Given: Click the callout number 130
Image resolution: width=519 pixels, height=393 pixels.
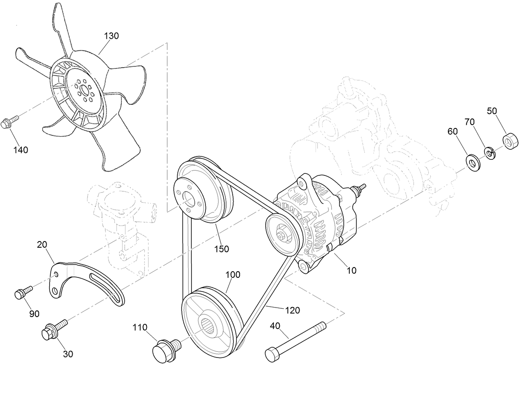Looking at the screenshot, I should pos(111,36).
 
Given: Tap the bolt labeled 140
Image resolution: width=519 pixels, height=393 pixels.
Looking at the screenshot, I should pos(9,122).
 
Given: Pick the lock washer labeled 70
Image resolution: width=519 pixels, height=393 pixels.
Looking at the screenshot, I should pos(489,153).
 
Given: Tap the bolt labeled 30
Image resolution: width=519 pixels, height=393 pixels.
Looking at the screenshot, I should pos(53,330).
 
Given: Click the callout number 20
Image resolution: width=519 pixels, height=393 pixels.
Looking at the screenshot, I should pos(42,244).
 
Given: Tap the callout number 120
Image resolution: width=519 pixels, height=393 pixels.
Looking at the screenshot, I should pos(293,310).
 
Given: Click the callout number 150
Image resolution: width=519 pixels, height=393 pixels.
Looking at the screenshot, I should pos(222,249).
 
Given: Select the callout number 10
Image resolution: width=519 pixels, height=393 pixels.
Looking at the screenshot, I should pos(352,270).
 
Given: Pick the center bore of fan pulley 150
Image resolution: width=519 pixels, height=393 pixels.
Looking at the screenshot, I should pos(189,199).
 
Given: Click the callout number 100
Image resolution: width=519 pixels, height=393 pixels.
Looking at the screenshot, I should pos(233,275).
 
